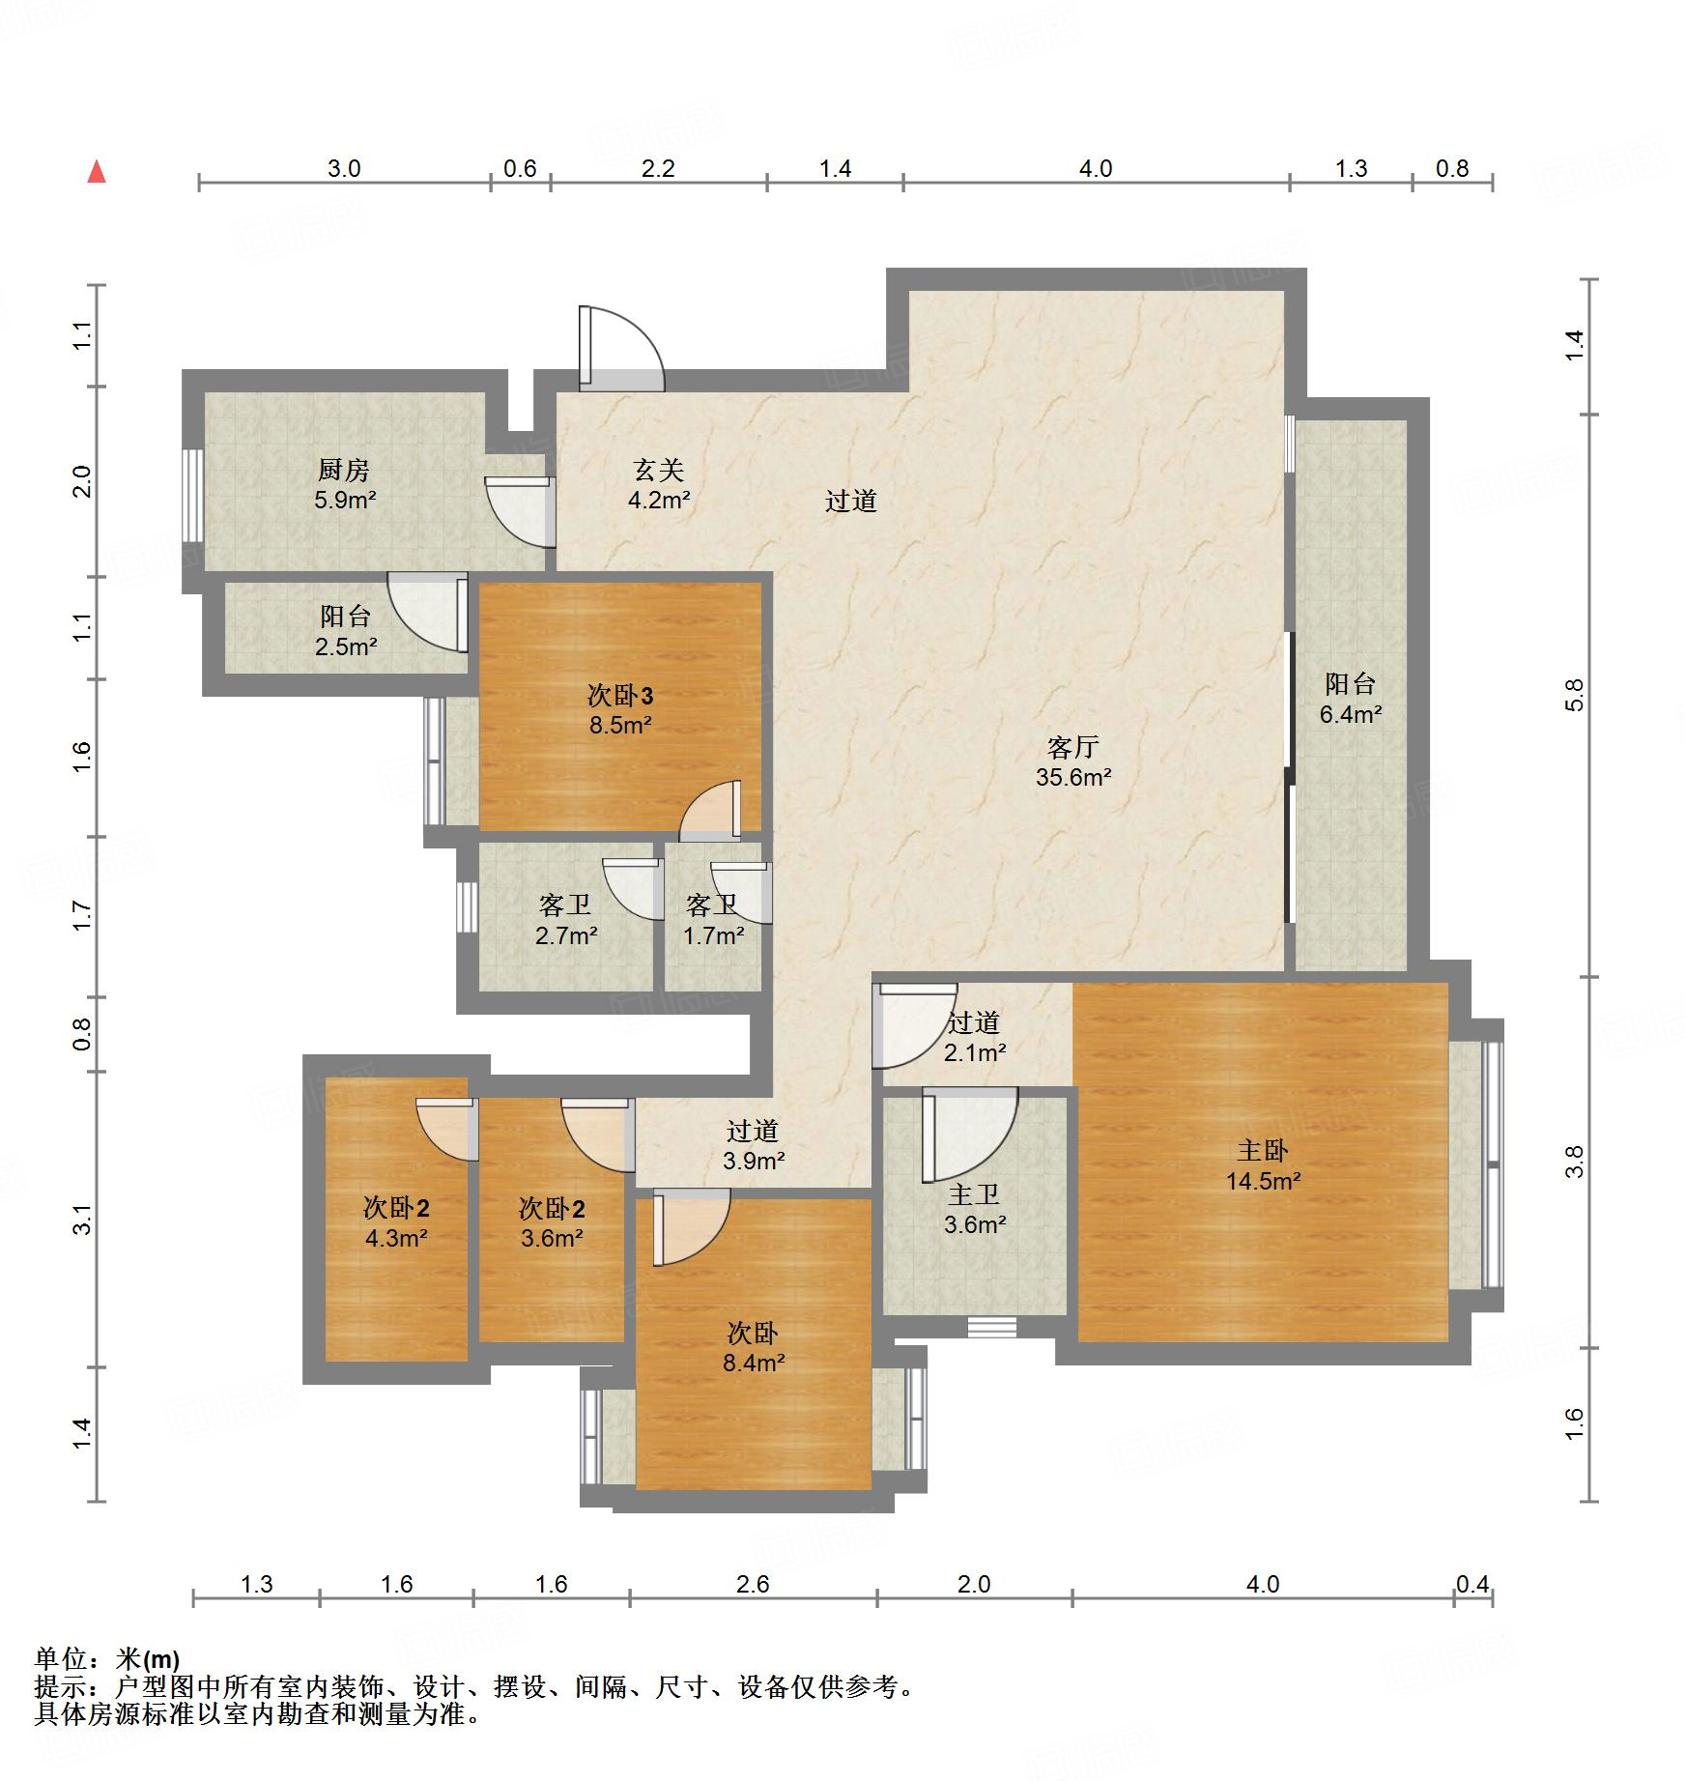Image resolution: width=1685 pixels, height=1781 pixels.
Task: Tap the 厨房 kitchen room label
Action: [x=344, y=471]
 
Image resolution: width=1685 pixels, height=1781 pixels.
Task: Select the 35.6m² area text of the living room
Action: [x=1073, y=777]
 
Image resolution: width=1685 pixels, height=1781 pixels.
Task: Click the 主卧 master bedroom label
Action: [x=1263, y=1150]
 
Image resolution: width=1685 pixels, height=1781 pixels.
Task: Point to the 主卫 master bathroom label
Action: [x=974, y=1195]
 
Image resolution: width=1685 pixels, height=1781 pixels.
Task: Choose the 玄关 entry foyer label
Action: [x=659, y=471]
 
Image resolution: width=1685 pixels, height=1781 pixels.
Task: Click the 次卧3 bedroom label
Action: [x=620, y=695]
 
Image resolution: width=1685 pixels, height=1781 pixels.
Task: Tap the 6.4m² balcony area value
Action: [x=1351, y=714]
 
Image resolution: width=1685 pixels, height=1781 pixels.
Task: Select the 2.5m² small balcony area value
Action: [x=346, y=646]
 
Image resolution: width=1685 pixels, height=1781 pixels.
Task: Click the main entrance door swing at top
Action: [x=621, y=349]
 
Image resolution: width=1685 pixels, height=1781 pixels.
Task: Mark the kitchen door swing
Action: [x=520, y=511]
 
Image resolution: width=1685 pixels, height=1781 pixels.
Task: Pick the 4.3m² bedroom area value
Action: [x=396, y=1238]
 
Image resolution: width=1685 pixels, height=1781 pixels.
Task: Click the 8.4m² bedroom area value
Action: [x=754, y=1364]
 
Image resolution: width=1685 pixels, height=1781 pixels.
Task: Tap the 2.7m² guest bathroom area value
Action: [x=566, y=935]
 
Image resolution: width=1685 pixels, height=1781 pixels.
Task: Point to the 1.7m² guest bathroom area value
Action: [x=714, y=935]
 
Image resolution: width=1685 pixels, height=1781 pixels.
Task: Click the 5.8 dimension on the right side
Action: [x=1575, y=695]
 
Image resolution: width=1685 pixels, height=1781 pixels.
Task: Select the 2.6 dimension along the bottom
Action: [x=753, y=1584]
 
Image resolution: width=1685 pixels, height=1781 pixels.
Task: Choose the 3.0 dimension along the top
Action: [x=344, y=169]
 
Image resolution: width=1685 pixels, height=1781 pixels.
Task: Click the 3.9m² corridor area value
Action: [x=754, y=1161]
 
